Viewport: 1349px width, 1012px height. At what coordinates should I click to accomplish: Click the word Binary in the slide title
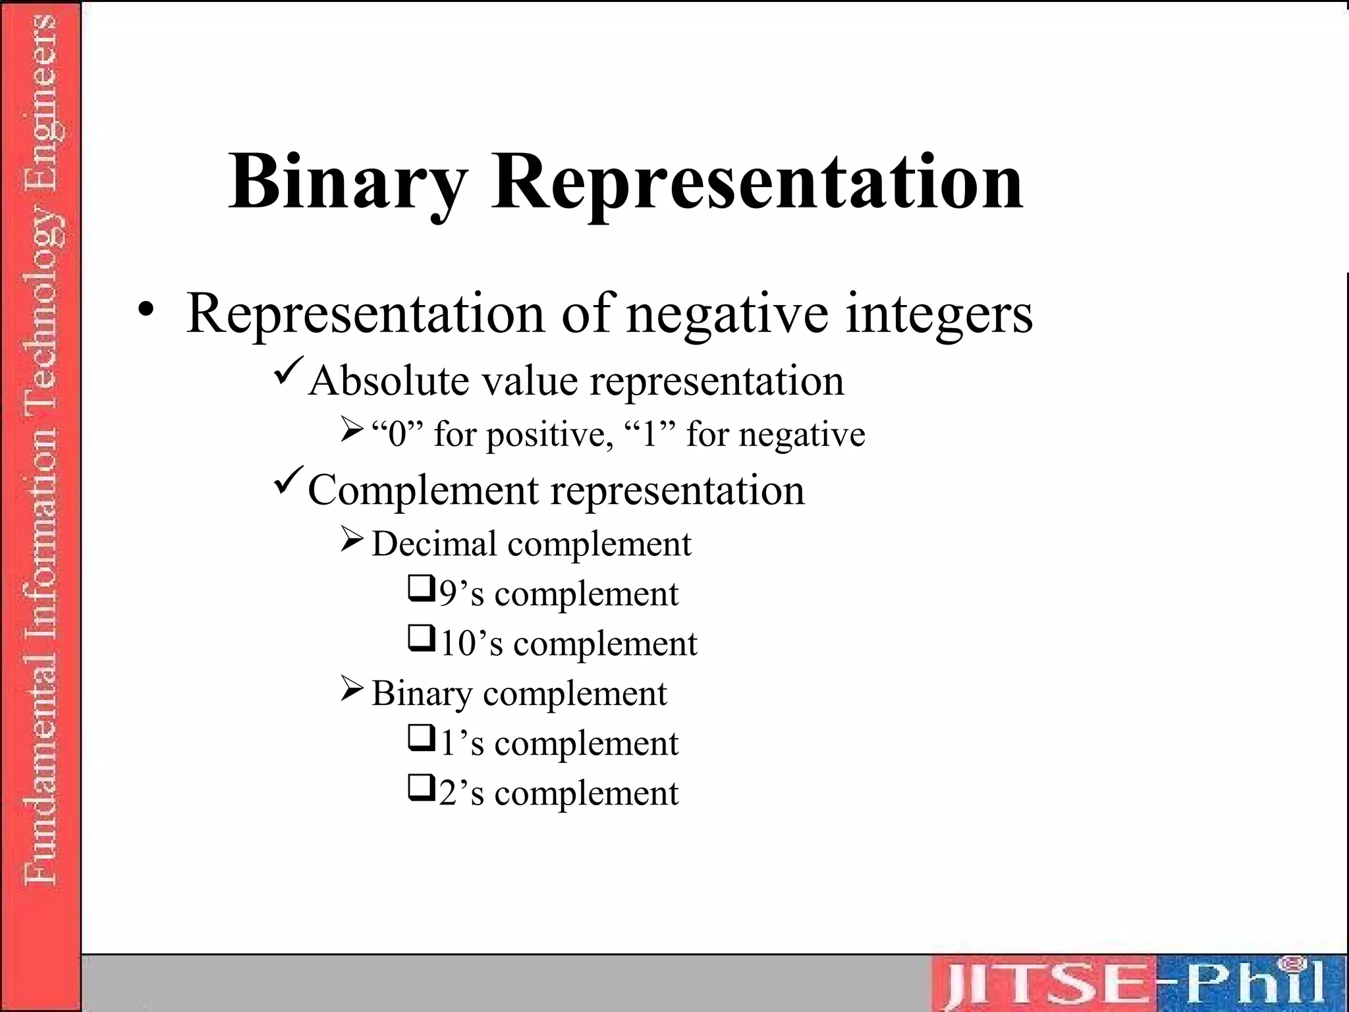click(x=348, y=182)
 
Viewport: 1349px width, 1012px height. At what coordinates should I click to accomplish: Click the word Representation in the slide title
click(x=757, y=182)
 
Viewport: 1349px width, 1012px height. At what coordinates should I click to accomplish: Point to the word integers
click(x=939, y=315)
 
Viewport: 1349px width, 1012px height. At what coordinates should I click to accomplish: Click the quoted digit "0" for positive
click(x=397, y=434)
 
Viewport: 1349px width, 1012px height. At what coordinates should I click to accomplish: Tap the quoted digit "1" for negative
click(x=649, y=434)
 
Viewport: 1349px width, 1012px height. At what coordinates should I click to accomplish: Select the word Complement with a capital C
click(x=424, y=491)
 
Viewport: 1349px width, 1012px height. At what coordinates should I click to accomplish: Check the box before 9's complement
click(x=421, y=588)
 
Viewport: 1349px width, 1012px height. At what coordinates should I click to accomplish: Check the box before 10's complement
click(x=421, y=638)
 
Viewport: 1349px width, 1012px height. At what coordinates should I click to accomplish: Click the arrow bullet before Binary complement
click(x=352, y=689)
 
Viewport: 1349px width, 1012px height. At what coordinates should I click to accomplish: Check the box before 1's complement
click(x=421, y=738)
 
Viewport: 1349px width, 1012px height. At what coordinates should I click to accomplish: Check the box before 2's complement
click(x=421, y=788)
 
